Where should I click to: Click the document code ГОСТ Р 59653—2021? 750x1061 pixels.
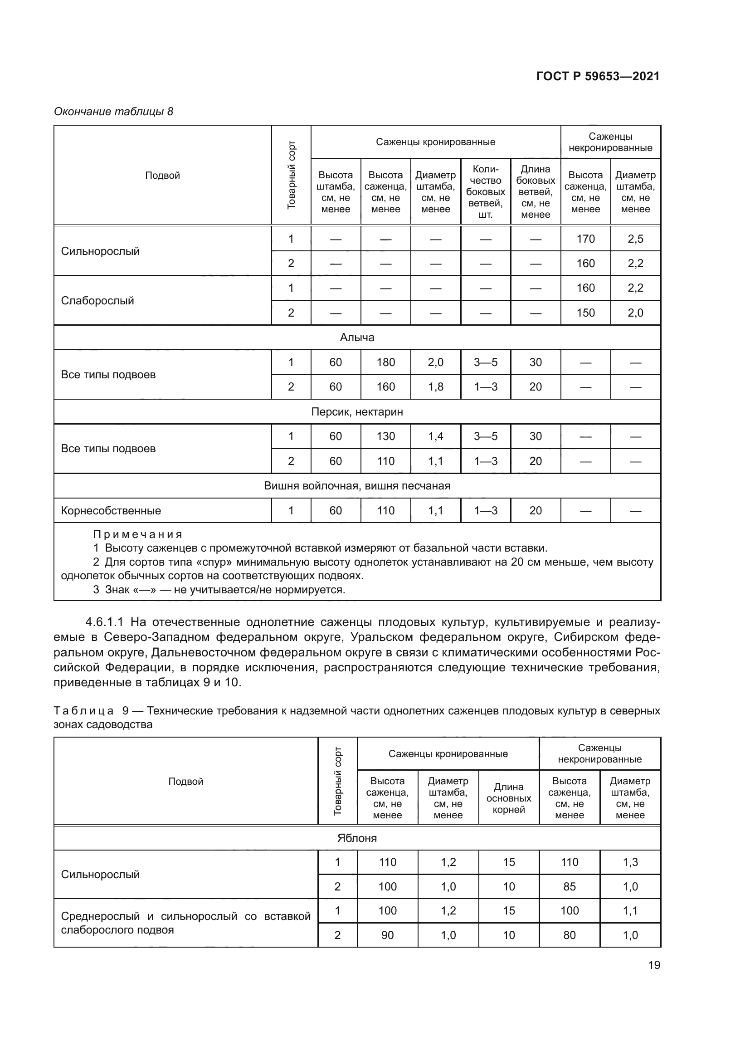(x=598, y=76)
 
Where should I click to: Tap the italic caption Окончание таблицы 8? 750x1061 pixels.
(x=114, y=112)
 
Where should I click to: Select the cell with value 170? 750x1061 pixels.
(x=585, y=239)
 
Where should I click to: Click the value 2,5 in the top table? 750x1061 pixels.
(x=635, y=239)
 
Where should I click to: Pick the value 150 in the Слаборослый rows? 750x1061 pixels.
(x=585, y=313)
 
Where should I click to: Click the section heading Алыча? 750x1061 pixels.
(x=357, y=337)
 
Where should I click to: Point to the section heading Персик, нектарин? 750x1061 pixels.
(x=357, y=412)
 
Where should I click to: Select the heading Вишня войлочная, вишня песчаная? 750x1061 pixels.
(x=357, y=486)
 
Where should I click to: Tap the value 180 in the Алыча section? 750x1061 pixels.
(x=385, y=362)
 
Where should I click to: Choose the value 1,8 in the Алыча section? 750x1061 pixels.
(x=435, y=387)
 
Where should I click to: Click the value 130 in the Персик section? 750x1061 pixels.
(x=385, y=436)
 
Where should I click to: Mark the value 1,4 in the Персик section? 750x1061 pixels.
(x=435, y=436)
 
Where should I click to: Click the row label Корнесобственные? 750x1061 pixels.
(x=111, y=511)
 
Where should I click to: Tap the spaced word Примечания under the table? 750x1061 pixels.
(x=138, y=534)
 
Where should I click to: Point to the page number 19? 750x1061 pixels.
(x=654, y=965)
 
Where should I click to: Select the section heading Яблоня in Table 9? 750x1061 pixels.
(x=357, y=838)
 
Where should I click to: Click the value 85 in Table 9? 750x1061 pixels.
(x=570, y=886)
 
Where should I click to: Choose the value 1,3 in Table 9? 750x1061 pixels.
(x=630, y=862)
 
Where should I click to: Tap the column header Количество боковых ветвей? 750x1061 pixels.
(x=485, y=192)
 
